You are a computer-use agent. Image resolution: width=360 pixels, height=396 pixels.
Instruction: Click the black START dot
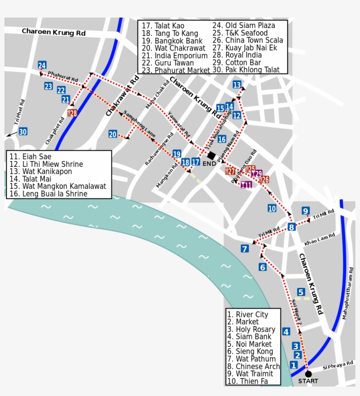308,374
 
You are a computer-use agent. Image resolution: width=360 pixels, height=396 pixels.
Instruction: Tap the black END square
211,155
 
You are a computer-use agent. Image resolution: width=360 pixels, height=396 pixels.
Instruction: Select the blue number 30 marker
23,131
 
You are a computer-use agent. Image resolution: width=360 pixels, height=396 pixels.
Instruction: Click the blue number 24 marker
42,65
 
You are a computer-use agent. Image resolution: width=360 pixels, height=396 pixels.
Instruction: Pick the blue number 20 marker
113,134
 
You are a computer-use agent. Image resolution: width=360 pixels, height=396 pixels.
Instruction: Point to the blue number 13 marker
237,85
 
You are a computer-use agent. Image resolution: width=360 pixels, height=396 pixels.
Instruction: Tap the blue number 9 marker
306,210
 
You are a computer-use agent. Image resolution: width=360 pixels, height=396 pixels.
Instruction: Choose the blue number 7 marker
245,249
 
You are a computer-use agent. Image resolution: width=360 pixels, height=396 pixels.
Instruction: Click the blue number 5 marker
301,292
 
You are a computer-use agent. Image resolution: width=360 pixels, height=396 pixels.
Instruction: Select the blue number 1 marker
294,365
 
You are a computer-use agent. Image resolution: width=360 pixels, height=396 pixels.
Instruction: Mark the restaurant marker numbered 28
72,113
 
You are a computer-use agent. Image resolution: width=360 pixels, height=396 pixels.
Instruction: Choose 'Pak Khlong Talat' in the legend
250,70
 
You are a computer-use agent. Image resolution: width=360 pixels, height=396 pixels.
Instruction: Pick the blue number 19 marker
176,154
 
